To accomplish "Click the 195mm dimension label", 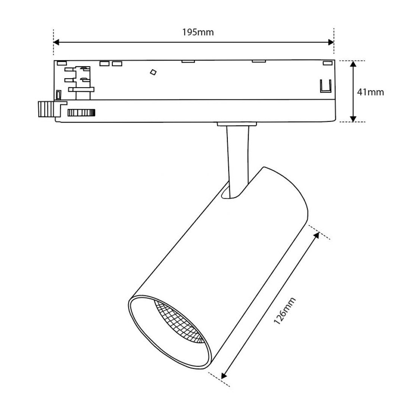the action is pyautogui.click(x=198, y=32).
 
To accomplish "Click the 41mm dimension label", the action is pyautogui.click(x=371, y=92).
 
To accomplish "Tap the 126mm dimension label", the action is pyautogui.click(x=285, y=310).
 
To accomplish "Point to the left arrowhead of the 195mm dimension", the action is pyautogui.click(x=56, y=42).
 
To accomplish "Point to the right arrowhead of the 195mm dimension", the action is pyautogui.click(x=331, y=42).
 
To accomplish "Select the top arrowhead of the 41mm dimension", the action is pyautogui.click(x=353, y=64).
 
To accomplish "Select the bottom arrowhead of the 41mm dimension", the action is pyautogui.click(x=353, y=119).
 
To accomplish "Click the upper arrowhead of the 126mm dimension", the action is pyautogui.click(x=316, y=235).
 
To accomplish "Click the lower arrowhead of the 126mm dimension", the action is pyautogui.click(x=224, y=375).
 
